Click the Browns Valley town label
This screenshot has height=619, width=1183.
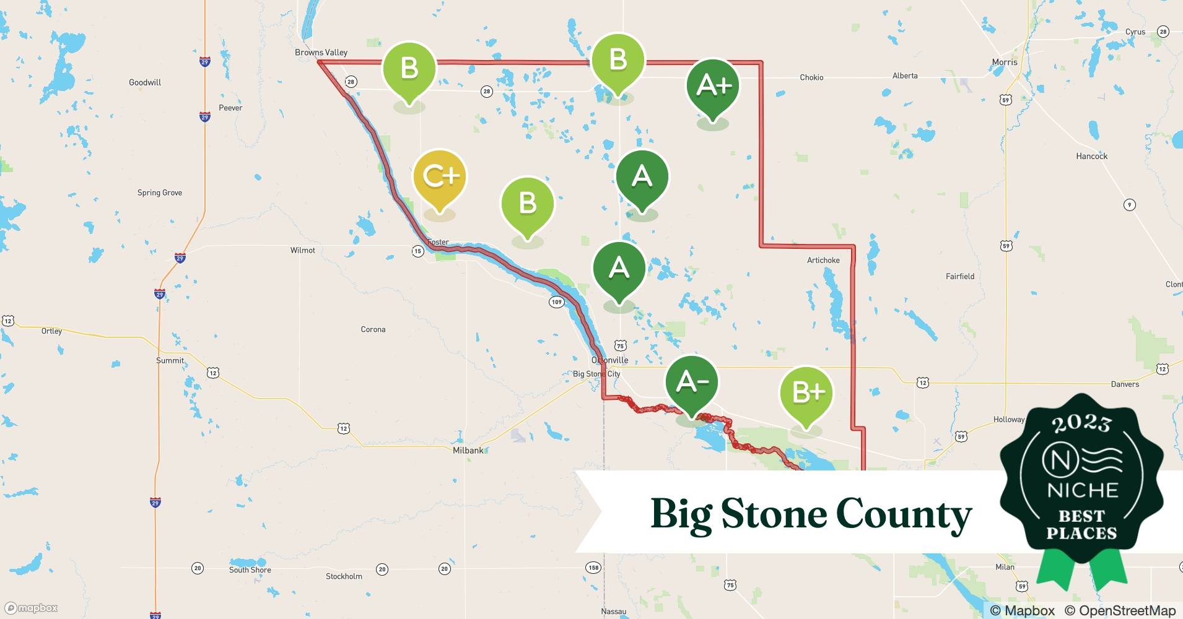click(x=321, y=53)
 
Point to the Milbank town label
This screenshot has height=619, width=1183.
click(x=468, y=451)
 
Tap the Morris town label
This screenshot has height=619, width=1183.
click(x=1004, y=63)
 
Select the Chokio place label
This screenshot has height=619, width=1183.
click(x=811, y=77)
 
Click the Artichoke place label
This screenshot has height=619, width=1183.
click(x=823, y=260)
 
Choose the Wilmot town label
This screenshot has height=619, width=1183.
click(x=302, y=250)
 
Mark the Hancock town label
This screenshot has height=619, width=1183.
click(x=1091, y=156)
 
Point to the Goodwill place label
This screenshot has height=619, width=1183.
click(x=145, y=82)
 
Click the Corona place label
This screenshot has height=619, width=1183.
click(x=373, y=329)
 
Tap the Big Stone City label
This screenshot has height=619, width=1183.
click(x=596, y=374)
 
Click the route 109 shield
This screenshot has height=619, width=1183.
click(x=556, y=302)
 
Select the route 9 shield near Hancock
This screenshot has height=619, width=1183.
click(x=1130, y=205)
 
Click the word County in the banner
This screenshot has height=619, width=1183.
click(x=904, y=514)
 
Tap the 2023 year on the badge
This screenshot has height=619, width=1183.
click(x=1081, y=423)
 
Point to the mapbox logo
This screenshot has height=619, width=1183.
click(x=31, y=608)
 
